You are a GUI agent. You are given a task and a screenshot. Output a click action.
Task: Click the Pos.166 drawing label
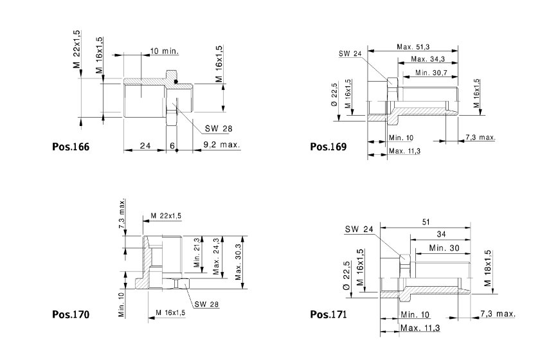(71, 147)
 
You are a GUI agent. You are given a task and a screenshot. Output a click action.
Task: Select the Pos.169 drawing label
(328, 147)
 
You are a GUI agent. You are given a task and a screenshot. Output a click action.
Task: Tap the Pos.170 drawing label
(71, 314)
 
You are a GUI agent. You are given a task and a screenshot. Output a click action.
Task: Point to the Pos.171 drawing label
(328, 314)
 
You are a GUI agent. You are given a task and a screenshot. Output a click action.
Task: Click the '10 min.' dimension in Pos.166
(164, 51)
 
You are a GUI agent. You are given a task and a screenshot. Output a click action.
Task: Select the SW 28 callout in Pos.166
(218, 129)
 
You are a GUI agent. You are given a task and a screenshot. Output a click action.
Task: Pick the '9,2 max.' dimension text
(222, 145)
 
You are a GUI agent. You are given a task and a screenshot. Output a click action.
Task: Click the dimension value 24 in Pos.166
(145, 145)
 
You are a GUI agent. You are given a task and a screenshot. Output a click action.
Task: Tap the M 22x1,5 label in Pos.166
(77, 49)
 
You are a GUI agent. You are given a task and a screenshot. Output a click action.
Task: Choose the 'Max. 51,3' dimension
(413, 46)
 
